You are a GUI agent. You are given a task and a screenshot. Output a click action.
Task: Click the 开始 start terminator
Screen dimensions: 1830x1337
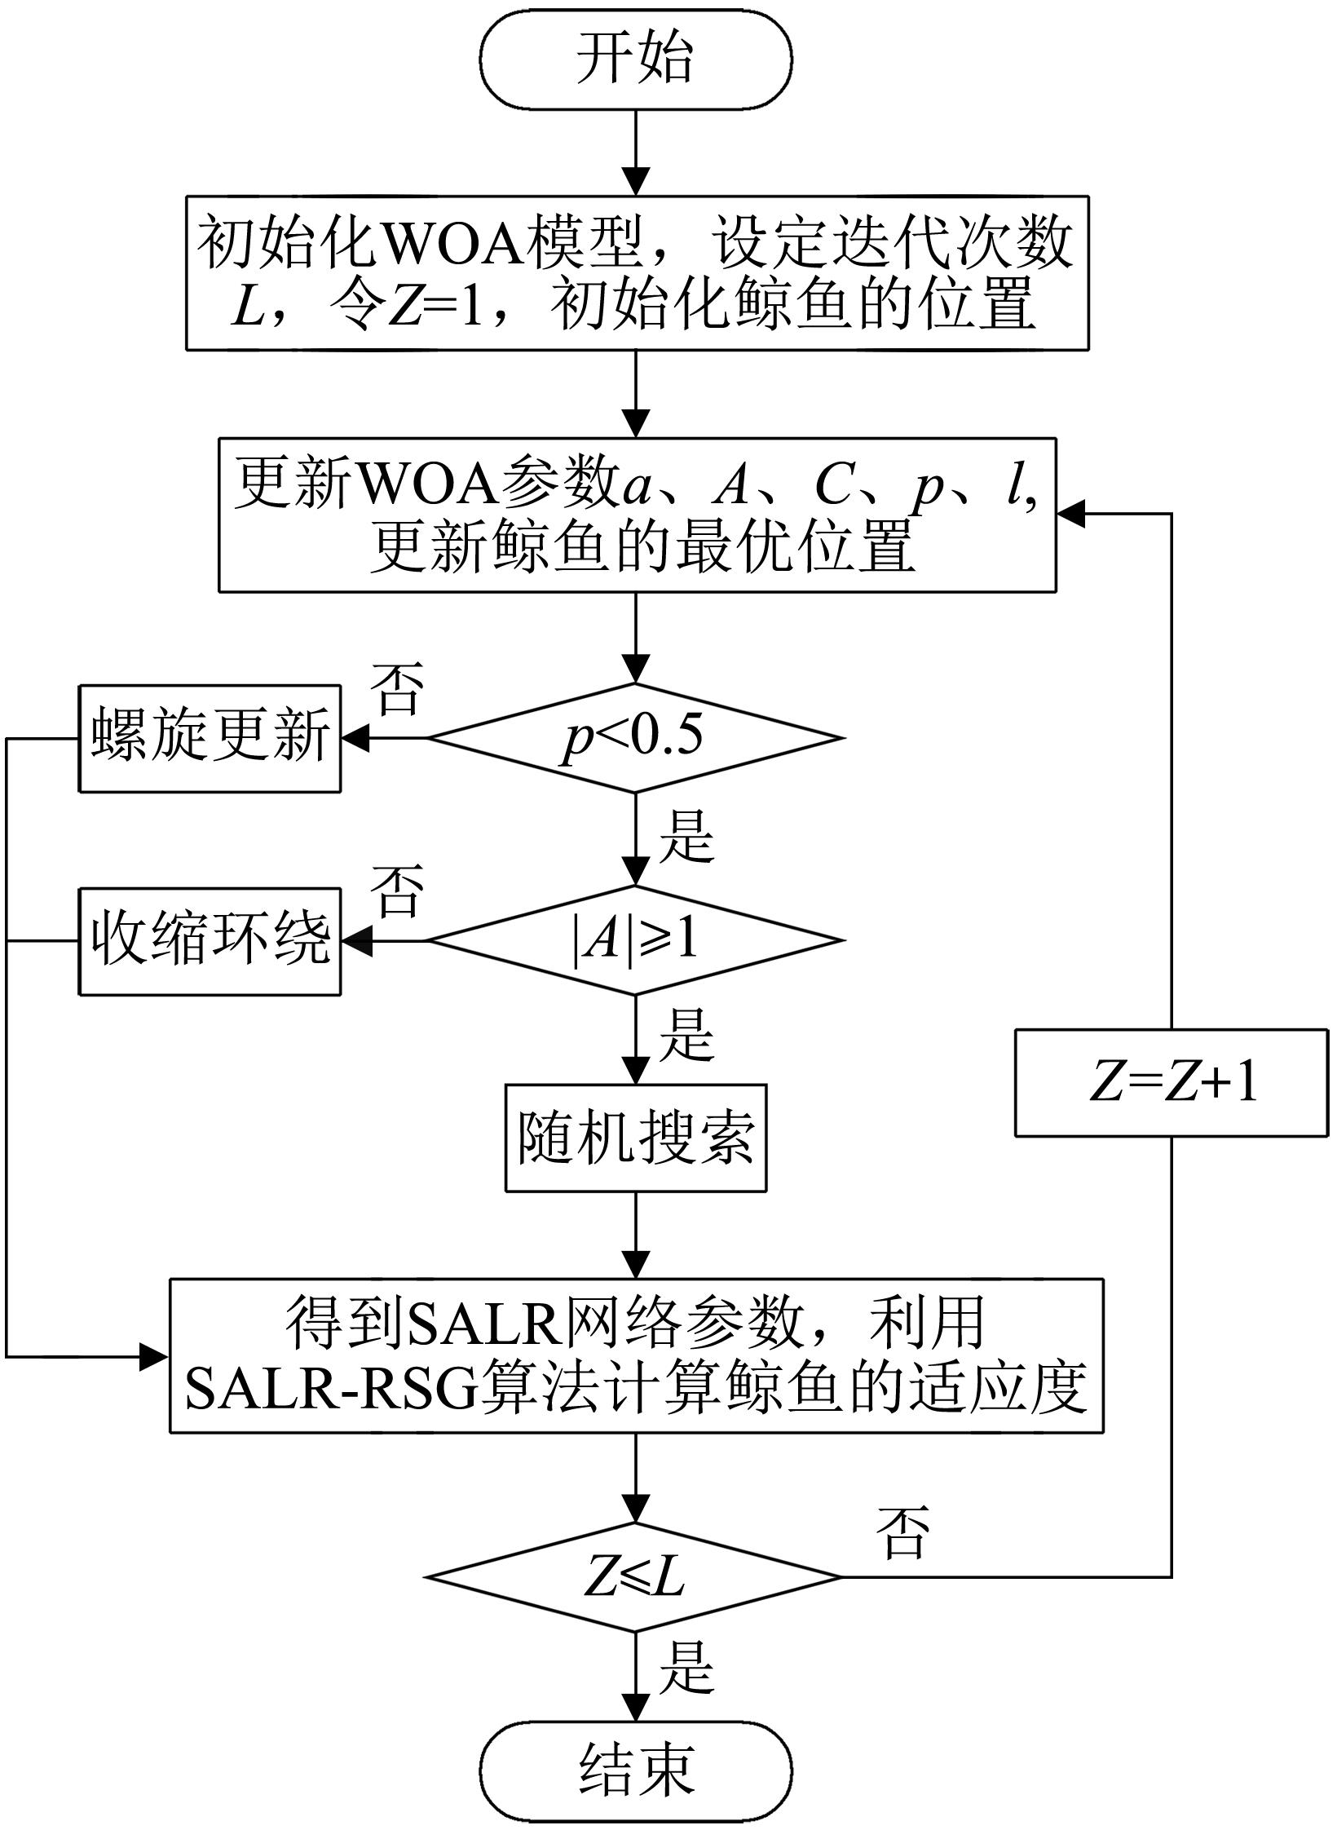636,60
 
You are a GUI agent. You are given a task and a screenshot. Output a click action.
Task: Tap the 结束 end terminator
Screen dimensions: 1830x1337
636,1769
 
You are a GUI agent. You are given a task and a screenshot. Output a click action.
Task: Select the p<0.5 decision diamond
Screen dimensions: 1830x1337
636,738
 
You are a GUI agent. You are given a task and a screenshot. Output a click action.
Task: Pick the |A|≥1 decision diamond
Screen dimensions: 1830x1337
636,940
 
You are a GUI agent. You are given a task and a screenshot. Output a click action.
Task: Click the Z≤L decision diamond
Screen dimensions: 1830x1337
634,1577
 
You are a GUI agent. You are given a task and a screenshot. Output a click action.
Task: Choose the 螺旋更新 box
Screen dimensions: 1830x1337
210,738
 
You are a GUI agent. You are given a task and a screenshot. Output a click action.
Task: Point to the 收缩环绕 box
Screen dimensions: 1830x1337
210,941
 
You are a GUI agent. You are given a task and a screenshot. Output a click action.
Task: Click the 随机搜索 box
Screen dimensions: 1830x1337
636,1138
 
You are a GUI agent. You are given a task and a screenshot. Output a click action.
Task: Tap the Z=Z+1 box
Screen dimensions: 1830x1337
1172,1083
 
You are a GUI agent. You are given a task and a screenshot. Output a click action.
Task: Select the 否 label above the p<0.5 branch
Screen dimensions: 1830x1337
397,690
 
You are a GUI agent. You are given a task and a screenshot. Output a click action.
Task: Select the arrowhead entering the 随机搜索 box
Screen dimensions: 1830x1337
636,1071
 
